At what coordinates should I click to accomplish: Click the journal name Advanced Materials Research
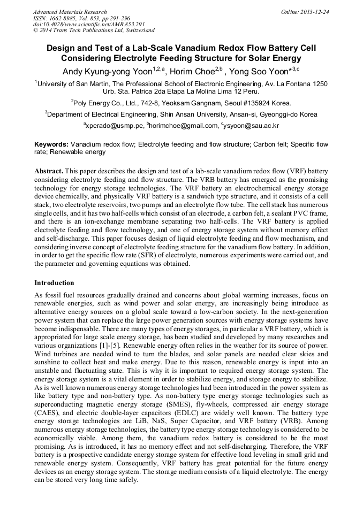pos(70,12)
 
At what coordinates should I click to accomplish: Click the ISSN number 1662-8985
pos(65,18)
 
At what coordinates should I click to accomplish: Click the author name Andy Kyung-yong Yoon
pos(107,71)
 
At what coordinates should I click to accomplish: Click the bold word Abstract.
pos(49,171)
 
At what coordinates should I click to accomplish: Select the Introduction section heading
pos(54,283)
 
